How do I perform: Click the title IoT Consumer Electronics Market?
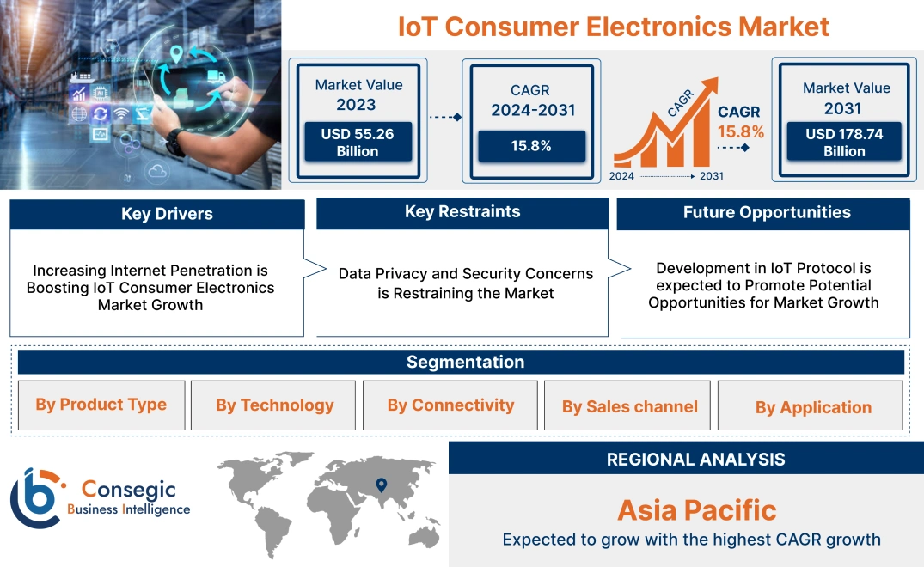(x=613, y=27)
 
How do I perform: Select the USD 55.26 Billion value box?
(x=357, y=142)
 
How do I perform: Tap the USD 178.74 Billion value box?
(x=844, y=142)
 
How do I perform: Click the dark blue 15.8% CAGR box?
(x=531, y=146)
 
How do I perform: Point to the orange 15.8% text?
(x=740, y=132)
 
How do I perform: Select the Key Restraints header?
(x=462, y=212)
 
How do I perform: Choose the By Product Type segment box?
(x=101, y=405)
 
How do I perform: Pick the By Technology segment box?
(x=274, y=405)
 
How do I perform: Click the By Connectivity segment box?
(x=450, y=405)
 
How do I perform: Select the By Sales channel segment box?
(x=629, y=406)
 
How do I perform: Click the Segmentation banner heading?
(x=465, y=362)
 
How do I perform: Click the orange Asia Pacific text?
(x=696, y=510)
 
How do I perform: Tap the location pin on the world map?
(x=381, y=486)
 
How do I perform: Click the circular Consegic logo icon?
(x=35, y=497)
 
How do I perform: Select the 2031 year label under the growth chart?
(x=711, y=176)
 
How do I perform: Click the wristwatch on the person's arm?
(x=176, y=140)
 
